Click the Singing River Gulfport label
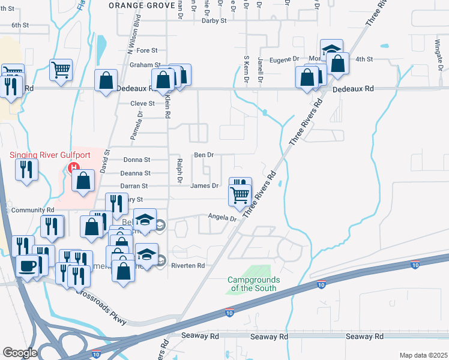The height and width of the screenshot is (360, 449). pos(50,155)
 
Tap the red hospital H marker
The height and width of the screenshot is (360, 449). pos(74,167)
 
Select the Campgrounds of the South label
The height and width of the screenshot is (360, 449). pos(252,284)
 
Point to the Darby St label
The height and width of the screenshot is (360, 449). pos(214,20)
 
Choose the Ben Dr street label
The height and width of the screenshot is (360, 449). pos(203,155)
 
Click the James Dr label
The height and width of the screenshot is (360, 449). pos(204,186)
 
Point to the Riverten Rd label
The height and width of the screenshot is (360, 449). pos(188,265)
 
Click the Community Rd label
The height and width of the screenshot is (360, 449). pos(32,211)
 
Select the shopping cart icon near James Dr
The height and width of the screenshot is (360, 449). pos(240,194)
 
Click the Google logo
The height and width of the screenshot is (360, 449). pos(20,353)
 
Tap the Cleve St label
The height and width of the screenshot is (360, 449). pos(143,103)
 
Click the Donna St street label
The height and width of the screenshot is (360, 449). pos(136,160)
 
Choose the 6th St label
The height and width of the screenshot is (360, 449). pos(20,25)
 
